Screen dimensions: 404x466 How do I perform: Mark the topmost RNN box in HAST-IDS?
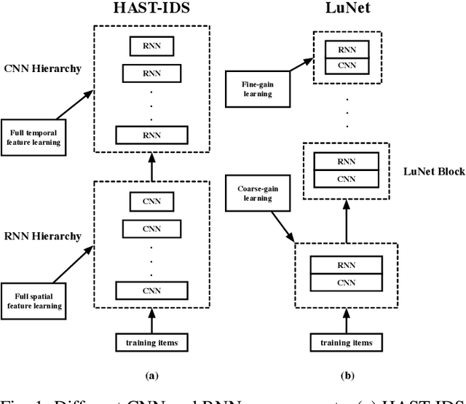point(151,46)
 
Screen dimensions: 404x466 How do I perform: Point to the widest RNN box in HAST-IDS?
point(151,135)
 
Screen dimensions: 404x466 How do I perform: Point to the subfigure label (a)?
point(151,376)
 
